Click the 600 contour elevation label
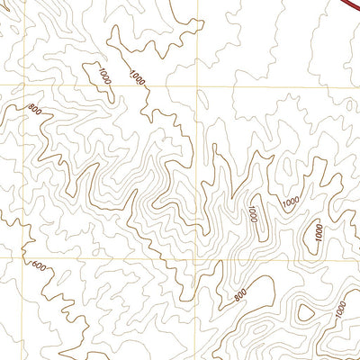40,265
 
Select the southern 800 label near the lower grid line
240,295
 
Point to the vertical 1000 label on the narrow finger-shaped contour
253,214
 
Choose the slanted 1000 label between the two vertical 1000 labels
290,204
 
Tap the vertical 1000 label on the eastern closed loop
319,231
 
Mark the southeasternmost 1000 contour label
339,310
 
